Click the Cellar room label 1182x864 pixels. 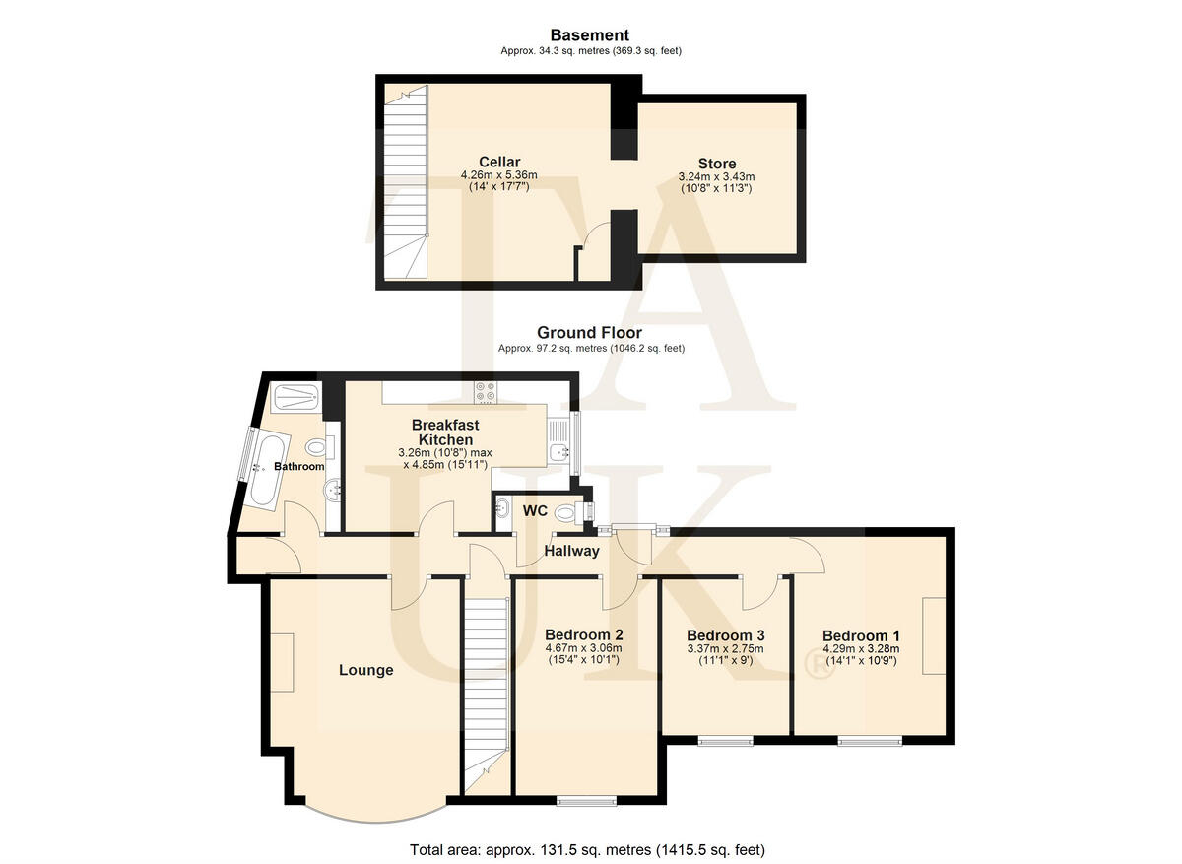pos(499,162)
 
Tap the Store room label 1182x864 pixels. pos(716,164)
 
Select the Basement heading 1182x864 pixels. pos(589,35)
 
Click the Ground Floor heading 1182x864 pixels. pos(589,333)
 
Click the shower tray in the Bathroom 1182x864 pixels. pos(295,398)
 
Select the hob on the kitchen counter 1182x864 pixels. pos(486,391)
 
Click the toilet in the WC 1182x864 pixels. pos(567,512)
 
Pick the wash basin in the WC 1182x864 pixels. pos(503,509)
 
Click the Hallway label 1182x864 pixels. pos(571,551)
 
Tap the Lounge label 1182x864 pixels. pos(365,670)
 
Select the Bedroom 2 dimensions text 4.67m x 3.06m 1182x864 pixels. pos(584,648)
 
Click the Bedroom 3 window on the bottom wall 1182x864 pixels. pos(726,741)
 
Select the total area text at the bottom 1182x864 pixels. pos(587,849)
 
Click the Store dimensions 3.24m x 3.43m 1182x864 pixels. pos(716,177)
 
